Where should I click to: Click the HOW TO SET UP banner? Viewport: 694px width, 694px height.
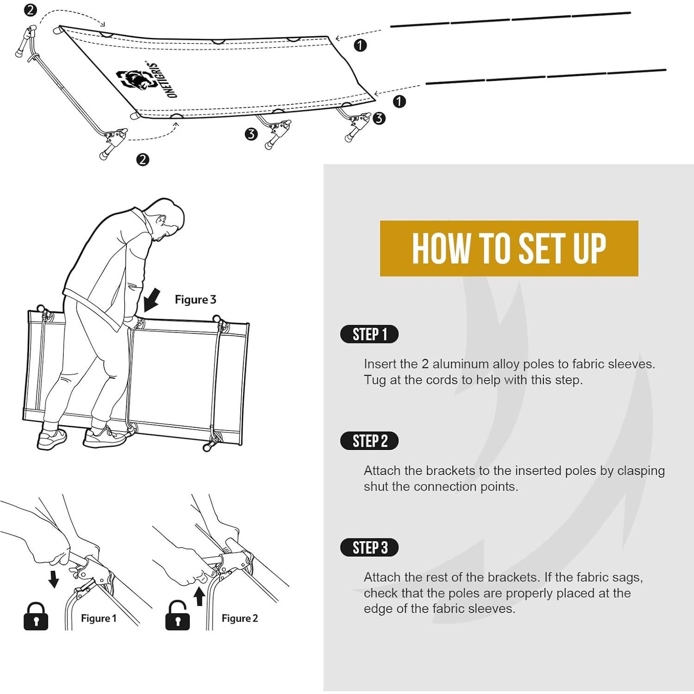509,249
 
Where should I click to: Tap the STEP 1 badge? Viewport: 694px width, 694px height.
369,334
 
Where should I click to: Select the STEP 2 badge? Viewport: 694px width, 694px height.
369,441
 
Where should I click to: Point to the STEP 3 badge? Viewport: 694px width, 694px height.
369,547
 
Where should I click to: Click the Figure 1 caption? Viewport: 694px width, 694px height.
99,619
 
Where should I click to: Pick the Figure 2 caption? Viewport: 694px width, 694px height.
239,619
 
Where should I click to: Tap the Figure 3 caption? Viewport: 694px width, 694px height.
195,300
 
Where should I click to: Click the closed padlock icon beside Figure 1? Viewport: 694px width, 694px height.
36,617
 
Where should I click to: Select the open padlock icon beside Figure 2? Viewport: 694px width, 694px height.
177,617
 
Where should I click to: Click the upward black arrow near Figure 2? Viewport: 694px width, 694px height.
199,596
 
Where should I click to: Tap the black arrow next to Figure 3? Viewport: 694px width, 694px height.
152,300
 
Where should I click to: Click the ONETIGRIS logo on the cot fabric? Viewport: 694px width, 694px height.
149,80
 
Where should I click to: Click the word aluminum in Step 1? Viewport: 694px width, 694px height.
461,364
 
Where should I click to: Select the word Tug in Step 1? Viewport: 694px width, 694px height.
375,380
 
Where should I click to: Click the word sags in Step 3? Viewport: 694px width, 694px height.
627,577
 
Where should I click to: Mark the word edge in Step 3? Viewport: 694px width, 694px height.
377,609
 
